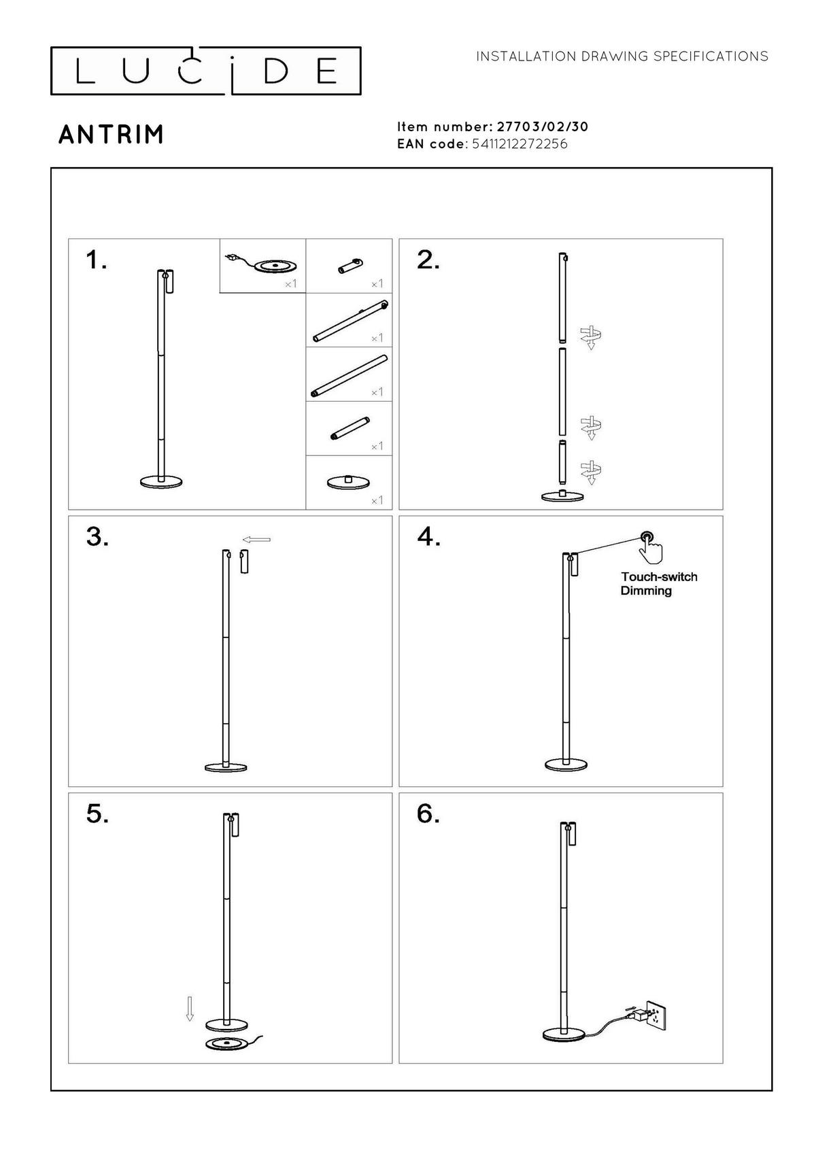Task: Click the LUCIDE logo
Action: coord(205,71)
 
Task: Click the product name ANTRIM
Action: coord(112,135)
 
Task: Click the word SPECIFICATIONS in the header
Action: coord(711,56)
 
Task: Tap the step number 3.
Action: coord(97,537)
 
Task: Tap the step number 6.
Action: coord(428,814)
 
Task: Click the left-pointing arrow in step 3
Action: coord(257,540)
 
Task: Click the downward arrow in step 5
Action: coord(190,1009)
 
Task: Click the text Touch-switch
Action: coord(659,577)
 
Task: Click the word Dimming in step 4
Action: coord(646,591)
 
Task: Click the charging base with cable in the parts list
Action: coord(271,265)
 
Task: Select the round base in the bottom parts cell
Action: coord(348,482)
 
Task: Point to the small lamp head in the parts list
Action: coord(350,266)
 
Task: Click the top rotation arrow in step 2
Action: coord(591,337)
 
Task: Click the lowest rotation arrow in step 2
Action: coord(591,472)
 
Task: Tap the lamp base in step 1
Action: coord(162,482)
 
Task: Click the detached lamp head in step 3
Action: coord(244,563)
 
